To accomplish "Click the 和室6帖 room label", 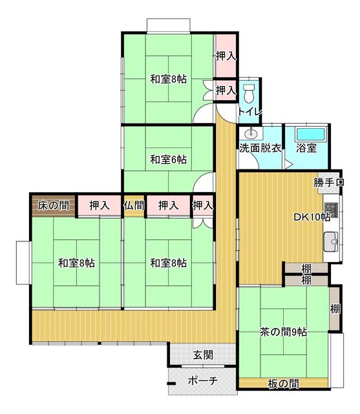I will (x=169, y=159).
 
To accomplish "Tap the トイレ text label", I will (x=249, y=112).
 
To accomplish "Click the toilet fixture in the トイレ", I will (x=250, y=91).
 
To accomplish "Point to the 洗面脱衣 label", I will (x=260, y=148).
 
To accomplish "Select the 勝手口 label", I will (x=329, y=183).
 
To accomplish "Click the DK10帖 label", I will (x=313, y=217).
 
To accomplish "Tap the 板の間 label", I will (x=283, y=384).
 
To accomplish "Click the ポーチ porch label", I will (x=202, y=380).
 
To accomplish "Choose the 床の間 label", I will (x=53, y=206).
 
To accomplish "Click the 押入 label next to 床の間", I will (x=99, y=206).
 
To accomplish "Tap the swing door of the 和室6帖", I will (x=206, y=182).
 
